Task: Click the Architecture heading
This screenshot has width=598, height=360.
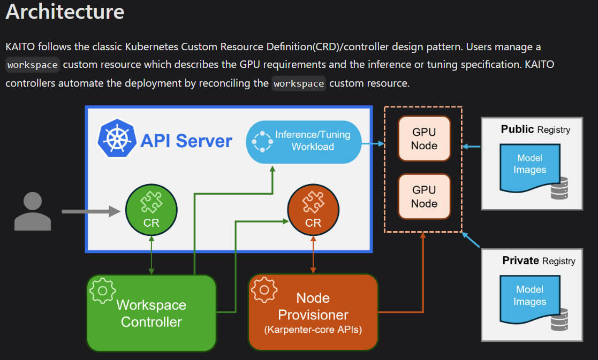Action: point(65,12)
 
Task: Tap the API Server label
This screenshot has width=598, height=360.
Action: point(186,141)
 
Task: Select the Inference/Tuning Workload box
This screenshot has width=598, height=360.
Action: point(303,140)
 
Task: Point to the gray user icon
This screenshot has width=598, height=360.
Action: point(32,212)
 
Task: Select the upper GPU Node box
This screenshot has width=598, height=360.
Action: point(424,138)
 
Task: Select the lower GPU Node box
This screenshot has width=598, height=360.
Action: point(424,196)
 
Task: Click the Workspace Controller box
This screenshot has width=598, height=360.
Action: point(152,313)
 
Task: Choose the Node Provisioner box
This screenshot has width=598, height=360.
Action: point(313,313)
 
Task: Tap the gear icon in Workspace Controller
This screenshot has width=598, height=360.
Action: point(102,290)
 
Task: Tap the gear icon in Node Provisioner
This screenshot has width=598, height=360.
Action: point(263,290)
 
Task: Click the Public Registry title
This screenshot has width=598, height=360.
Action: point(535,129)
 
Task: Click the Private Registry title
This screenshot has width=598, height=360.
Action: point(538,261)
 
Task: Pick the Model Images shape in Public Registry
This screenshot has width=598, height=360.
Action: point(529,165)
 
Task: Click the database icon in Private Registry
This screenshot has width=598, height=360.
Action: point(559,319)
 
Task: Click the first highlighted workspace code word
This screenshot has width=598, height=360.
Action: point(32,65)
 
